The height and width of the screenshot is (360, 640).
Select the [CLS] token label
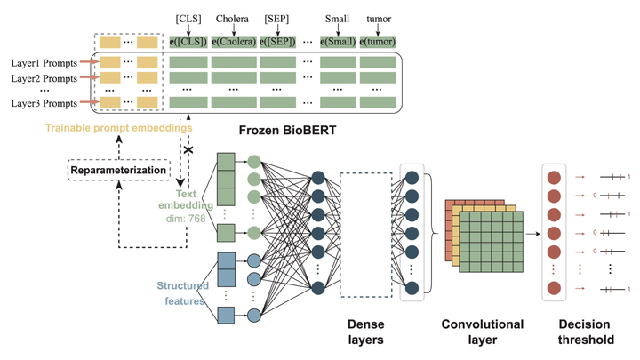click(188, 16)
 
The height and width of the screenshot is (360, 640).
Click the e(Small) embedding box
click(338, 42)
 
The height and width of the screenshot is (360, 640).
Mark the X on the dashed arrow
click(188, 152)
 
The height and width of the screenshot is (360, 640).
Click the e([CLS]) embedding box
click(188, 42)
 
